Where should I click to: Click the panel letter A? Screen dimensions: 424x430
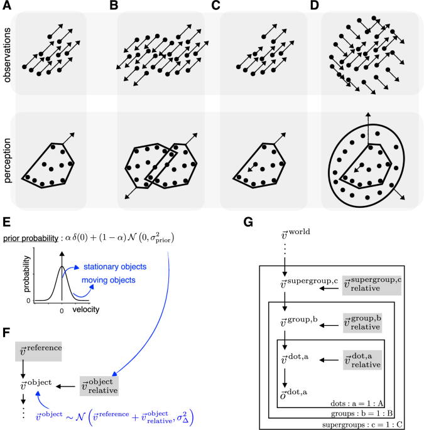pyautogui.click(x=7, y=5)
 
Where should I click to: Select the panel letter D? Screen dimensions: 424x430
pyautogui.click(x=315, y=5)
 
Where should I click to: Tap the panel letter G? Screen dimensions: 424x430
pyautogui.click(x=248, y=222)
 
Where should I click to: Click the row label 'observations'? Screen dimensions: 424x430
pyautogui.click(x=7, y=55)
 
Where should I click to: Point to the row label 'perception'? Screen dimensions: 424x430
pyautogui.click(x=7, y=161)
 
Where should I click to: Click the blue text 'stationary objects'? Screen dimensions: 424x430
pyautogui.click(x=115, y=267)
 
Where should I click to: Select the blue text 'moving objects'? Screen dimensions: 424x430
pyautogui.click(x=109, y=280)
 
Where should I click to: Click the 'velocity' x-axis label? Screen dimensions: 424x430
pyautogui.click(x=86, y=309)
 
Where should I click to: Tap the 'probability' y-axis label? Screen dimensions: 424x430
pyautogui.click(x=26, y=274)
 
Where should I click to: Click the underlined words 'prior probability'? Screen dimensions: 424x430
pyautogui.click(x=30, y=239)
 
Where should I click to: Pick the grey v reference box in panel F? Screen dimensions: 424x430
pyautogui.click(x=38, y=352)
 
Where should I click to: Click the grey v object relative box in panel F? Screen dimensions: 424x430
pyautogui.click(x=99, y=386)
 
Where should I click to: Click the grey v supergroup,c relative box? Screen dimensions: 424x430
pyautogui.click(x=372, y=285)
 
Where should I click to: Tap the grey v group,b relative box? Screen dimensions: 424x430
pyautogui.click(x=362, y=323)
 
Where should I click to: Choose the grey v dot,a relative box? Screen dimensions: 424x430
pyautogui.click(x=362, y=360)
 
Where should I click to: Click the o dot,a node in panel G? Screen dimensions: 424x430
pyautogui.click(x=293, y=394)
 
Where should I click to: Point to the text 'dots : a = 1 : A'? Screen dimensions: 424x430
pyautogui.click(x=357, y=404)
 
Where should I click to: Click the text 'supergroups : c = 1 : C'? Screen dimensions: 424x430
pyautogui.click(x=362, y=425)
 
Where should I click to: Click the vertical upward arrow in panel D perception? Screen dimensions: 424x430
pyautogui.click(x=368, y=128)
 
